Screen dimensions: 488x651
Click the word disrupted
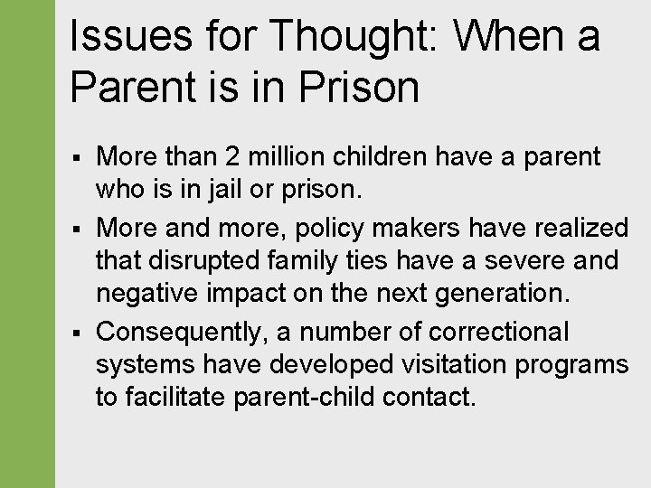(x=192, y=262)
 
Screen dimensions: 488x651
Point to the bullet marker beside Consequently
(x=80, y=333)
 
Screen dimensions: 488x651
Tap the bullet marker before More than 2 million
(x=80, y=158)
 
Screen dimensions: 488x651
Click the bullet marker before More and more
(x=80, y=228)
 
